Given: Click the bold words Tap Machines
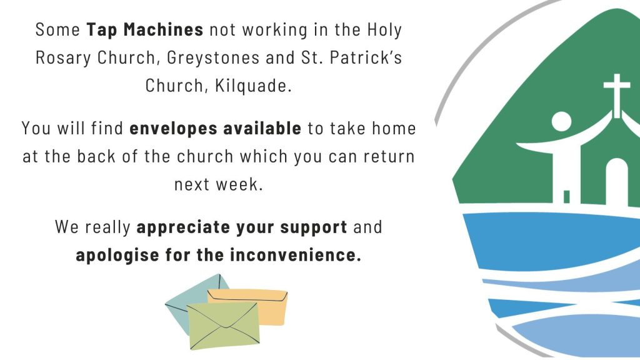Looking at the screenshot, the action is tap(145, 30).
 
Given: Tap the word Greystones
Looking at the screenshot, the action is tap(213, 57).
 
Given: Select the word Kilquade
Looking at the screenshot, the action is tap(253, 85).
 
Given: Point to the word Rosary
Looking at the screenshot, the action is tap(63, 58).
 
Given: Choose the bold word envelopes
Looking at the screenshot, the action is tap(174, 129).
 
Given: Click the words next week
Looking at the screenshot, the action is tap(219, 184).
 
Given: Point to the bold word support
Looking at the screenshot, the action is tap(314, 227).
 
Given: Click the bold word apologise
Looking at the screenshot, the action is tap(117, 256).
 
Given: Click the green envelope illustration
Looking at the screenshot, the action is tap(223, 326).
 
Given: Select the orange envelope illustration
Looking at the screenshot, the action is tap(265, 306).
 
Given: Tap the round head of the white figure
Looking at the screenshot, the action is tap(562, 122).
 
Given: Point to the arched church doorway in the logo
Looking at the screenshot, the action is tap(617, 182).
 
